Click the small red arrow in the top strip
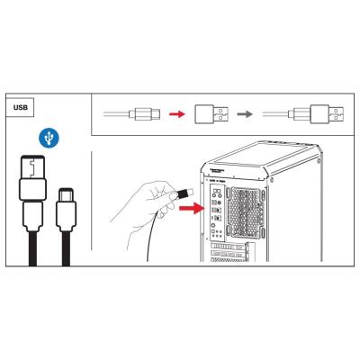(179, 114)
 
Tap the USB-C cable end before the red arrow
(145, 114)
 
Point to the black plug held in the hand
(185, 192)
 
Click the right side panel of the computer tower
(306, 216)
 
